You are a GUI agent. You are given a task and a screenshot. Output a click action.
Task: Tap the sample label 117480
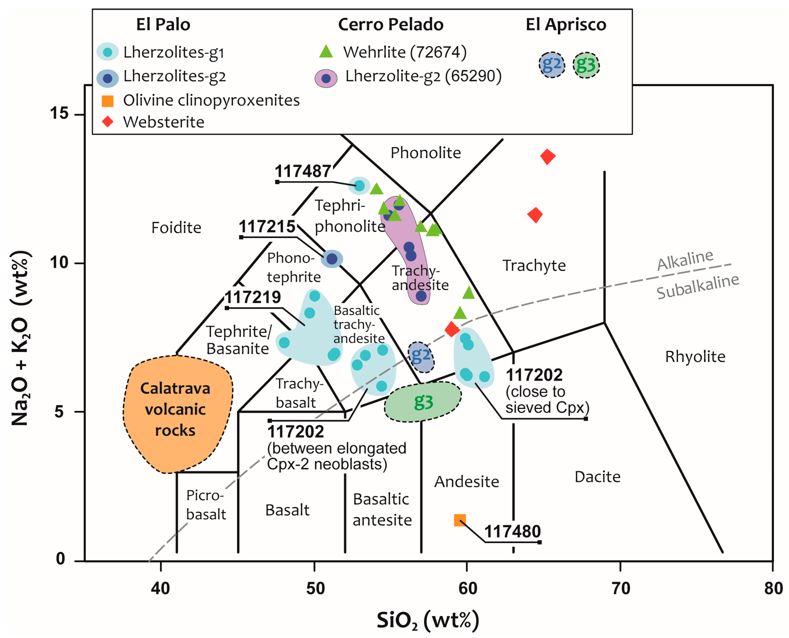(x=512, y=531)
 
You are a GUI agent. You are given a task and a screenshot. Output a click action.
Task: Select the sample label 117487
(x=303, y=171)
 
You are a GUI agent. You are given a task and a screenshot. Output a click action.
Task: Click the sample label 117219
(x=253, y=297)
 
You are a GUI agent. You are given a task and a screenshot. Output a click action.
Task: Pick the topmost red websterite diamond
(x=547, y=157)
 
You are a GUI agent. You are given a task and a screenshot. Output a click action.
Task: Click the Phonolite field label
(x=425, y=153)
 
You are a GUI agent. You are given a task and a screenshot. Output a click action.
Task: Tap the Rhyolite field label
(x=695, y=356)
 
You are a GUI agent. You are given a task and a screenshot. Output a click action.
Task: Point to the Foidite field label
(x=176, y=227)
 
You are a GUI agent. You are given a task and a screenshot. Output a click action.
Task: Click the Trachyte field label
(x=534, y=265)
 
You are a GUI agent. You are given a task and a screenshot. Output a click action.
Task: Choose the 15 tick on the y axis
(x=60, y=113)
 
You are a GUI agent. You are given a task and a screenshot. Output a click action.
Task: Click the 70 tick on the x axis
(x=620, y=588)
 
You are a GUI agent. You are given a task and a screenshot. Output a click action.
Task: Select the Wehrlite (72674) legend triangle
(x=326, y=52)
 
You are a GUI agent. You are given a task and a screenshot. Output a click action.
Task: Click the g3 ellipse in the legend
(x=586, y=65)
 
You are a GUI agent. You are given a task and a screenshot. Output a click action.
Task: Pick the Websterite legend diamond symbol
(x=108, y=122)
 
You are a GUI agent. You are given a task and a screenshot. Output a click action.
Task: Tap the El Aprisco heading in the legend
(x=565, y=25)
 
